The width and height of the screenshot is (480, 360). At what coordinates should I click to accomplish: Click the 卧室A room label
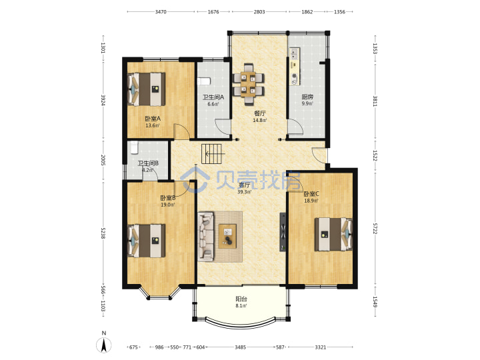pyautogui.click(x=153, y=119)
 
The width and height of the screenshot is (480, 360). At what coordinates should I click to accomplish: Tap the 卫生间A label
pyautogui.click(x=213, y=97)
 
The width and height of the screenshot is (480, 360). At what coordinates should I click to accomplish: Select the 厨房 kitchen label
pyautogui.click(x=307, y=97)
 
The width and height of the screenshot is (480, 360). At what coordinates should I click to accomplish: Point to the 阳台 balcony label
pyautogui.click(x=241, y=299)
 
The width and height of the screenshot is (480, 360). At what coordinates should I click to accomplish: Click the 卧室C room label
pyautogui.click(x=311, y=194)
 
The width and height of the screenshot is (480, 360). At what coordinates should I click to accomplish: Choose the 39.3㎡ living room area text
pyautogui.click(x=244, y=192)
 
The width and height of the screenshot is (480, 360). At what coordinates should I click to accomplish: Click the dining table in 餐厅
pyautogui.click(x=248, y=84)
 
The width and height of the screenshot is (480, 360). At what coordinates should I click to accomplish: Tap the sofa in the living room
pyautogui.click(x=206, y=236)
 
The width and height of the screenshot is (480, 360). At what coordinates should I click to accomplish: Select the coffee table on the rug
pyautogui.click(x=227, y=236)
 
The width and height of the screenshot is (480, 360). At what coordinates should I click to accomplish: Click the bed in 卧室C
pyautogui.click(x=333, y=234)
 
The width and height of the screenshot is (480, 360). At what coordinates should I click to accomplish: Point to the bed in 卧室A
pyautogui.click(x=146, y=89)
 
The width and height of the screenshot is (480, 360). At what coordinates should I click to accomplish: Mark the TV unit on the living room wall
pyautogui.click(x=283, y=233)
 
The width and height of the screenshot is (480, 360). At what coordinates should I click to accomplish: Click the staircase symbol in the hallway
pyautogui.click(x=211, y=154)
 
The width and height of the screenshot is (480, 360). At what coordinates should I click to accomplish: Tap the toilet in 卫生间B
pyautogui.click(x=134, y=147)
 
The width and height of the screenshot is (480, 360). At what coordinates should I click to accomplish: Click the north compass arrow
pyautogui.click(x=104, y=345)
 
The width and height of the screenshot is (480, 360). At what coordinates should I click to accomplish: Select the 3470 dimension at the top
pyautogui.click(x=161, y=12)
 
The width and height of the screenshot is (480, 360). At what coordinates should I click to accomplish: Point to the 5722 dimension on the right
pyautogui.click(x=375, y=229)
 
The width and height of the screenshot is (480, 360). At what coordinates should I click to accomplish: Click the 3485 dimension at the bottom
pyautogui.click(x=240, y=347)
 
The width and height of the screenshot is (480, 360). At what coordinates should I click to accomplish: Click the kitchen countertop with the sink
pyautogui.click(x=295, y=67)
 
